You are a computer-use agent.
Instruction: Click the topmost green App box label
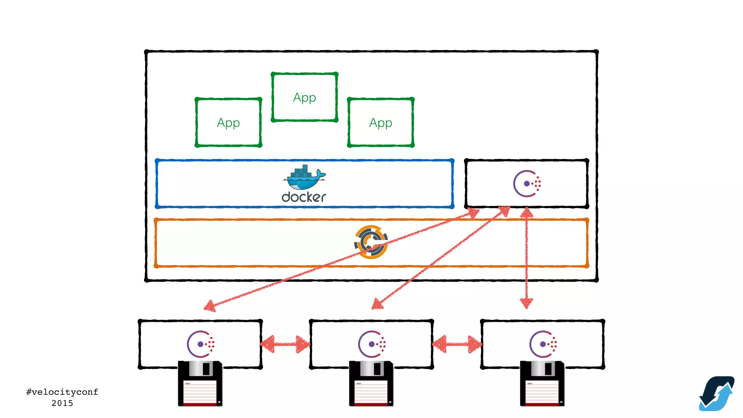304,98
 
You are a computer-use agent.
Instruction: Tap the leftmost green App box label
228,123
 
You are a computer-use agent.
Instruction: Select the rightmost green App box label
381,123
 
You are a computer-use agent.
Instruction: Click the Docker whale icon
304,177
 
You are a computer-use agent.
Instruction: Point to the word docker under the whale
304,197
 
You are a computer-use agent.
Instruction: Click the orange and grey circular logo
371,242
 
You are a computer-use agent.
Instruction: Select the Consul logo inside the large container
527,184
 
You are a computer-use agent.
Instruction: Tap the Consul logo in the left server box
201,344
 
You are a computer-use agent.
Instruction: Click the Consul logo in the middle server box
372,344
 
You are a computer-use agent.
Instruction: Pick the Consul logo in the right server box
543,344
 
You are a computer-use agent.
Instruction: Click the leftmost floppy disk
200,384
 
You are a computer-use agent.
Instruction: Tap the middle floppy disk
371,384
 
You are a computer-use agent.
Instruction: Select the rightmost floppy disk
542,384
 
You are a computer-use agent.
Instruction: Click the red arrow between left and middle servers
286,344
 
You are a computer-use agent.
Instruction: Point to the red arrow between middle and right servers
457,344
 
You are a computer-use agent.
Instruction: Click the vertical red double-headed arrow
526,258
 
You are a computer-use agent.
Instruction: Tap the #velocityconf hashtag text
62,392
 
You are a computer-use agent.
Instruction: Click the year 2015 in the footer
62,403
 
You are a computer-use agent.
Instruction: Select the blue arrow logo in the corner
717,394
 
